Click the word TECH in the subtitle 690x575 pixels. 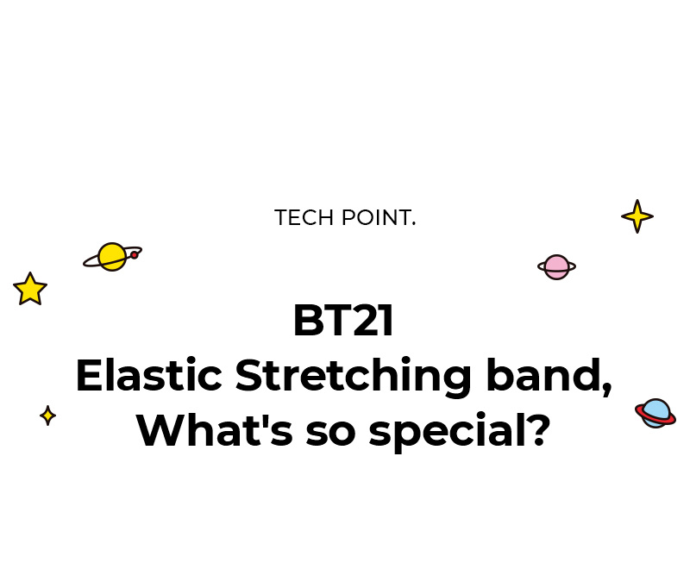[304, 218]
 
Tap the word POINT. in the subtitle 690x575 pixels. [379, 218]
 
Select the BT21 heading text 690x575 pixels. [343, 321]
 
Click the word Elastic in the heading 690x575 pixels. [149, 375]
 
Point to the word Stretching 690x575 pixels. [354, 378]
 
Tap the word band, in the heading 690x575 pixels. [549, 377]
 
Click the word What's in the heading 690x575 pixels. [215, 430]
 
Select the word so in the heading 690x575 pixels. [330, 434]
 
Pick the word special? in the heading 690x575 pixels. [460, 432]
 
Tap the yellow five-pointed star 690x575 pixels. [30, 289]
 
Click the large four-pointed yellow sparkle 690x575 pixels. [637, 216]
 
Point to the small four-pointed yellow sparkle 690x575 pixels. [47, 416]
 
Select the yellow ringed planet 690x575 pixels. [113, 257]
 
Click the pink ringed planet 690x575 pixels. [556, 266]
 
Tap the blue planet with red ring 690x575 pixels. [655, 413]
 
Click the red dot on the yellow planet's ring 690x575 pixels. [135, 254]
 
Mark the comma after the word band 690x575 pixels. [607, 388]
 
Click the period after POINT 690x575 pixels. [414, 224]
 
